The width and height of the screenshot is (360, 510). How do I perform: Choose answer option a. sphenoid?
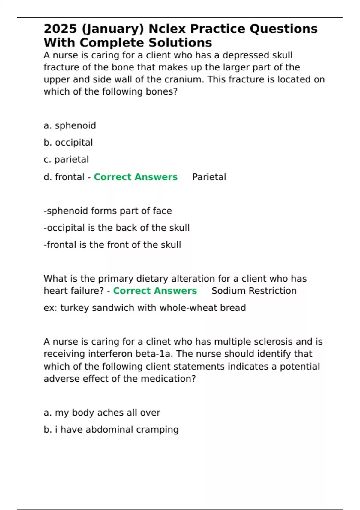pyautogui.click(x=70, y=125)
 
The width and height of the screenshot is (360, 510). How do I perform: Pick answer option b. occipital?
pyautogui.click(x=68, y=142)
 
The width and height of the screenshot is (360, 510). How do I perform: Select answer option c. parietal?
pyautogui.click(x=66, y=159)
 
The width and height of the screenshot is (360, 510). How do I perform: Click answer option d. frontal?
pyautogui.click(x=64, y=177)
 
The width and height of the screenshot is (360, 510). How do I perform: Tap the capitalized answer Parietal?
pyautogui.click(x=209, y=177)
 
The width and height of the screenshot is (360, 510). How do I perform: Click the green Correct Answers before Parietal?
pyautogui.click(x=136, y=177)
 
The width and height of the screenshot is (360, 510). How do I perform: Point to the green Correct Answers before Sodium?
pyautogui.click(x=155, y=291)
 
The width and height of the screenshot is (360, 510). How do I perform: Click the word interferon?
pyautogui.click(x=110, y=354)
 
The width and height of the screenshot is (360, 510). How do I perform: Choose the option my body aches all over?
pyautogui.click(x=102, y=413)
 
